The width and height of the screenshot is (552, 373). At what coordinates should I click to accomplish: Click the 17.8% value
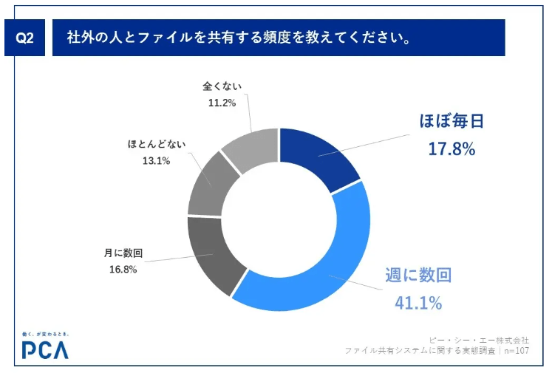[451, 148]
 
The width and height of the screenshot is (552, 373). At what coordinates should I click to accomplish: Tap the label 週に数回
[418, 276]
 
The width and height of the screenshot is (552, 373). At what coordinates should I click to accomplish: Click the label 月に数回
[123, 253]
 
